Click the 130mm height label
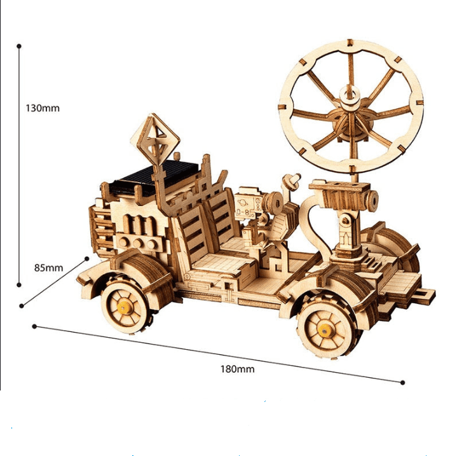tap(43, 108)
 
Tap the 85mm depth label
tap(49, 268)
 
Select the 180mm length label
tap(237, 369)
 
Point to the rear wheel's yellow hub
tap(324, 331)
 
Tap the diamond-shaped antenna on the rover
tap(154, 140)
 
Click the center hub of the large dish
tap(349, 94)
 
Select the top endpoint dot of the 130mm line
tap(19, 46)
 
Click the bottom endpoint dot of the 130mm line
tap(19, 284)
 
